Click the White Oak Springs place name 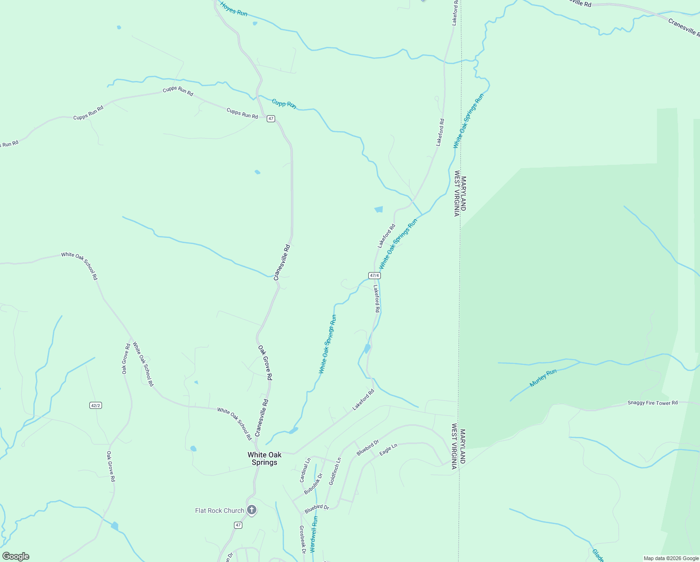tap(264, 458)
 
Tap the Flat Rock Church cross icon tap(252, 510)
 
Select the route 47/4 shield tap(374, 275)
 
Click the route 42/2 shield tap(95, 405)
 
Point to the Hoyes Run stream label tap(233, 9)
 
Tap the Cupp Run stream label tap(284, 104)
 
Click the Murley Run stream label tap(543, 378)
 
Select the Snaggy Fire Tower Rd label tap(652, 403)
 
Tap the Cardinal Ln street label tap(305, 470)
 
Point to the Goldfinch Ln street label tap(335, 471)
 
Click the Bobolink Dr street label tap(314, 484)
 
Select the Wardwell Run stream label tap(314, 534)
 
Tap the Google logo tap(16, 556)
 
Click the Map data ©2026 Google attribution tap(671, 558)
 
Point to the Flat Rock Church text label tap(219, 510)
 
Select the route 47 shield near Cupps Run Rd tap(271, 119)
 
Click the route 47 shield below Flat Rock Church tap(238, 525)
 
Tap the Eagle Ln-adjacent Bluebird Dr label tap(367, 448)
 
